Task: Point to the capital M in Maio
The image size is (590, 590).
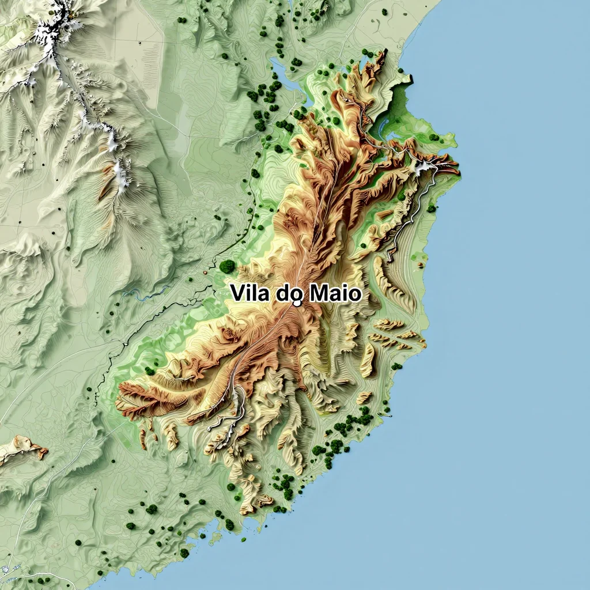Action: [x=318, y=294]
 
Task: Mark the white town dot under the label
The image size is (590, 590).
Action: [x=297, y=302]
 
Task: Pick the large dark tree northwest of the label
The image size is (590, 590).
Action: [x=227, y=266]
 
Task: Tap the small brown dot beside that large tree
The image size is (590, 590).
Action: [x=205, y=271]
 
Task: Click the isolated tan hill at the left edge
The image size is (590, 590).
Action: [x=20, y=448]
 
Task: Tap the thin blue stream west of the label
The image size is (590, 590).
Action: [x=144, y=295]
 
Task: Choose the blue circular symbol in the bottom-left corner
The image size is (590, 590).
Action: [x=5, y=569]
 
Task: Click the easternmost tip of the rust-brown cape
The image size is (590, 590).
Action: [x=458, y=170]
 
